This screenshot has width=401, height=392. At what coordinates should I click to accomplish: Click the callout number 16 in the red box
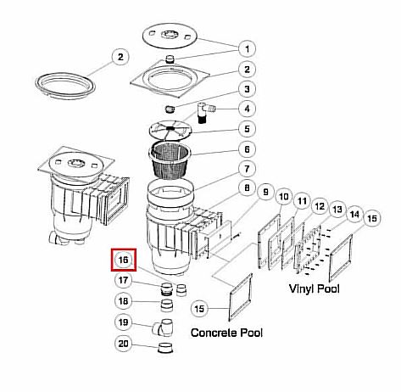tap(124, 260)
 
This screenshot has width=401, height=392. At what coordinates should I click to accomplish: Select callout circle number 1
tap(247, 49)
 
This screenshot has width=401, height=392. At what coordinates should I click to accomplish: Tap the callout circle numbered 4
tap(247, 109)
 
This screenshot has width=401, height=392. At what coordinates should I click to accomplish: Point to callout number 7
tap(247, 169)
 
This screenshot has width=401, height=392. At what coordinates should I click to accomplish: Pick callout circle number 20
tap(124, 344)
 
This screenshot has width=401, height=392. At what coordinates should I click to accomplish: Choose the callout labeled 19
tap(124, 322)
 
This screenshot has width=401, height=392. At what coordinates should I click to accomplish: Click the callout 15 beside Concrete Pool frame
tap(199, 308)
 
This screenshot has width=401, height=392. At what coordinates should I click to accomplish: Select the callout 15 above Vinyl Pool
tap(372, 218)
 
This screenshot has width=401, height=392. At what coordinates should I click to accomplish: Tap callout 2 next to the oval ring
tap(120, 58)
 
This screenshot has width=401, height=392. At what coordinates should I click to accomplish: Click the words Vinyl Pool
tap(314, 288)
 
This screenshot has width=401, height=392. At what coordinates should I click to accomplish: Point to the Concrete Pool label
tap(226, 333)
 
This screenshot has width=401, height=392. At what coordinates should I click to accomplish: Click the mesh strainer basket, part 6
tap(170, 161)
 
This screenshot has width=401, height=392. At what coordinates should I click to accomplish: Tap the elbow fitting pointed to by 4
tap(205, 112)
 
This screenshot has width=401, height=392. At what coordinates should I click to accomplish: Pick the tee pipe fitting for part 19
tap(163, 328)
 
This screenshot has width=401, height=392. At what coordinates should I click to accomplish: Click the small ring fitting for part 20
tap(165, 348)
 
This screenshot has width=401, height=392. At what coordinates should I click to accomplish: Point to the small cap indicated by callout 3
tap(170, 109)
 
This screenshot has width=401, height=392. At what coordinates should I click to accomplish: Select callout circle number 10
tap(283, 197)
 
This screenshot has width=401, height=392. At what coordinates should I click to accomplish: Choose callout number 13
tap(337, 210)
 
